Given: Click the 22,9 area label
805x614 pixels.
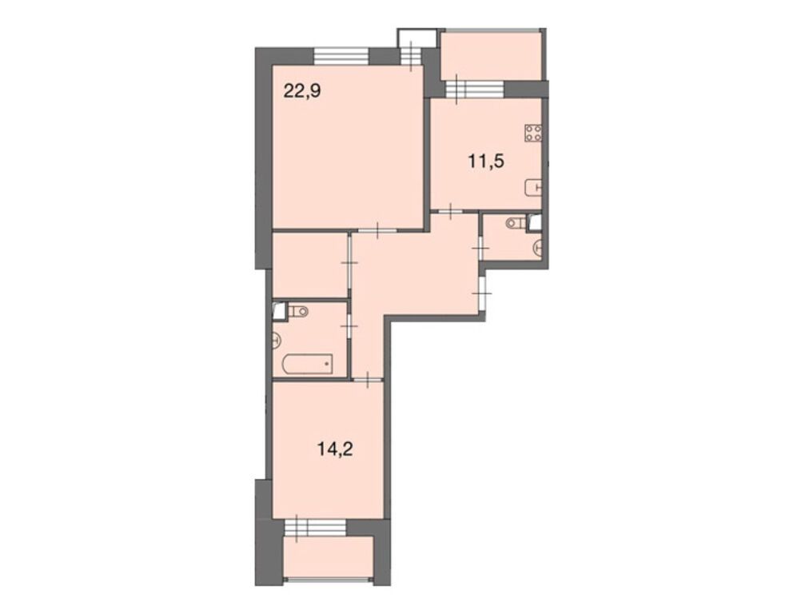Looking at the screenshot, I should point(302,90).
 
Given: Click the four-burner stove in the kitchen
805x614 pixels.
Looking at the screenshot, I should point(534,134).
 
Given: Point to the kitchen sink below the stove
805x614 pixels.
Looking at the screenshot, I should point(533,188).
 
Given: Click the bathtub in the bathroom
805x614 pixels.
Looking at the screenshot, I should point(307,364).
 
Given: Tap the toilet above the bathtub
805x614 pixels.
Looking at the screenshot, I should point(299,311).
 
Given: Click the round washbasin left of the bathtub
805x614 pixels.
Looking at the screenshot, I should point(277,340).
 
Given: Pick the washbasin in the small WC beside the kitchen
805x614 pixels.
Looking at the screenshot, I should point(539,249).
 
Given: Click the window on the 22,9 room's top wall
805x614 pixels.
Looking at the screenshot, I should point(341,56).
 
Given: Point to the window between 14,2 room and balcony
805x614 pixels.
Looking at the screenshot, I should point(315,527).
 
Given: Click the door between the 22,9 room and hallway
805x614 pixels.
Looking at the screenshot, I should point(376,230).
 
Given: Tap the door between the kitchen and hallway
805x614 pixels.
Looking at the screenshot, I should point(452,211).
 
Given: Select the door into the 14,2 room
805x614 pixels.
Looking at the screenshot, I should point(367,379).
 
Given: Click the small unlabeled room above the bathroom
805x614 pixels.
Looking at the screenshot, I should point(309,265).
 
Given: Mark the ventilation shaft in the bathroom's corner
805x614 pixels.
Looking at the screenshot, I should point(279,309).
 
